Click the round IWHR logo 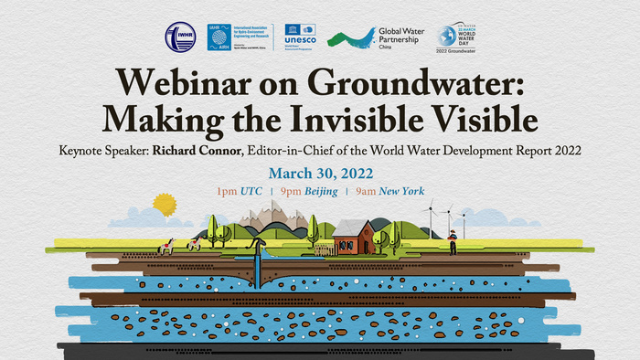click(x=179, y=38)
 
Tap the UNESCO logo click(x=301, y=37)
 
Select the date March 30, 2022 click(x=320, y=173)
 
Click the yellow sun click(x=164, y=204)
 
